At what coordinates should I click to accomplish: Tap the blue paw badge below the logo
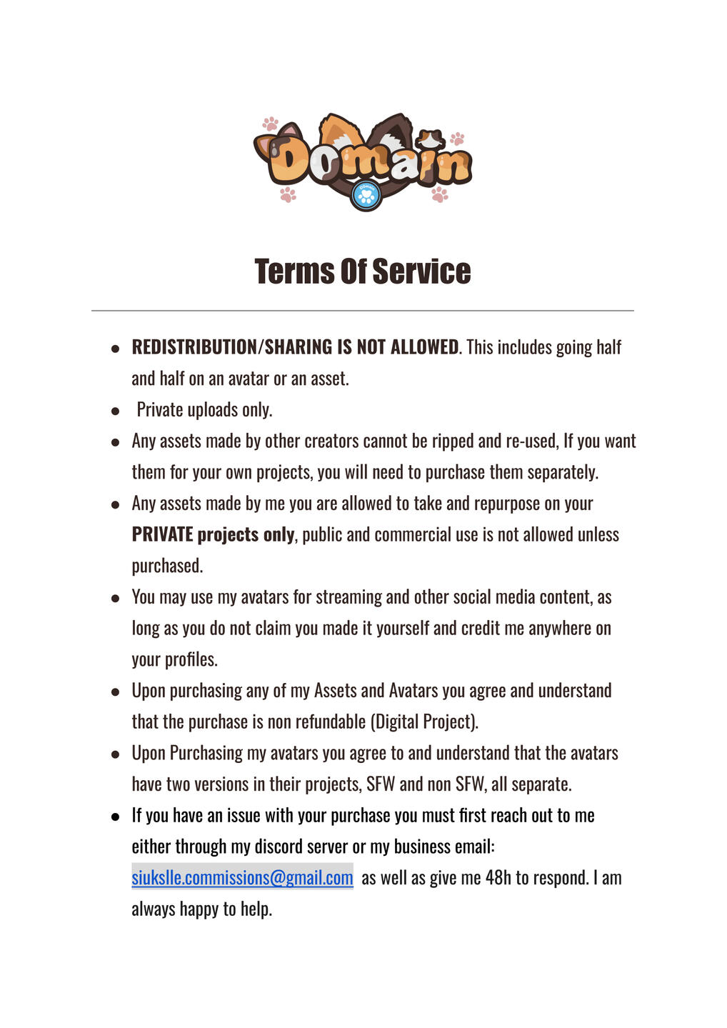coord(366,194)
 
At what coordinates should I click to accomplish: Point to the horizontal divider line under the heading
coord(363,311)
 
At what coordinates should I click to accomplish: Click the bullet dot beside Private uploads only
coord(115,411)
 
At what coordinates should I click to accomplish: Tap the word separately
coord(563,472)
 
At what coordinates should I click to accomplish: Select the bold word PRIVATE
coord(162,535)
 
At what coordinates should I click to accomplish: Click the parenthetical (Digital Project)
coord(424,722)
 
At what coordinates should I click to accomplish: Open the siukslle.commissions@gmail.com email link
coord(242,878)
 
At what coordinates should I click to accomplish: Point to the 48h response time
coord(498,878)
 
